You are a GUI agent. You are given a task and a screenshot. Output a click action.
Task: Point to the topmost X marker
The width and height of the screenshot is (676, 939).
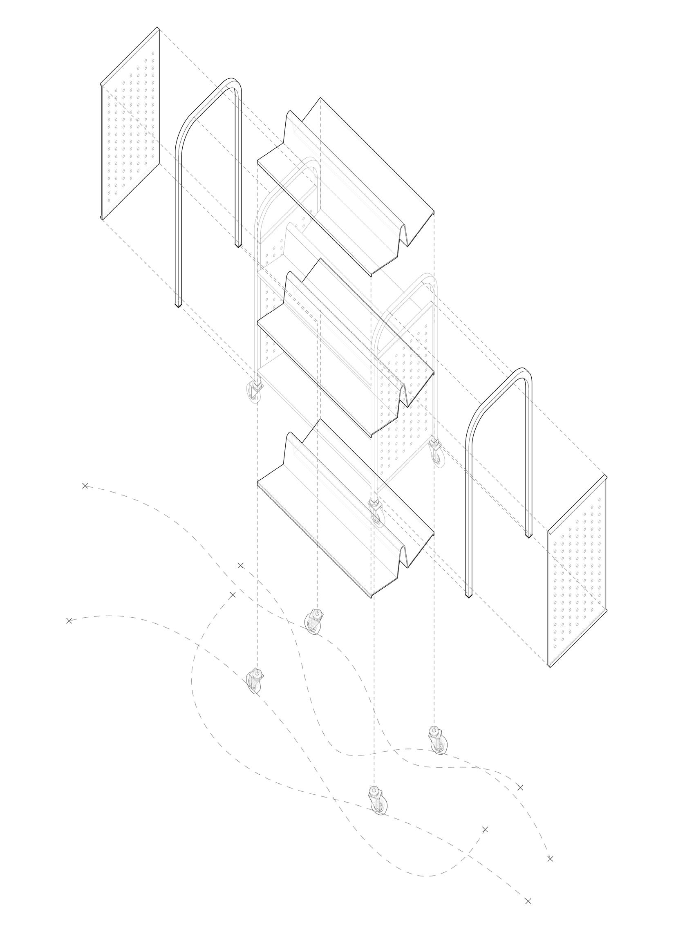[85, 486]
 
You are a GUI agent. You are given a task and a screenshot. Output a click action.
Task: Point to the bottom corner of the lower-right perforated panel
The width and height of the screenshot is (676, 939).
[550, 667]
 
